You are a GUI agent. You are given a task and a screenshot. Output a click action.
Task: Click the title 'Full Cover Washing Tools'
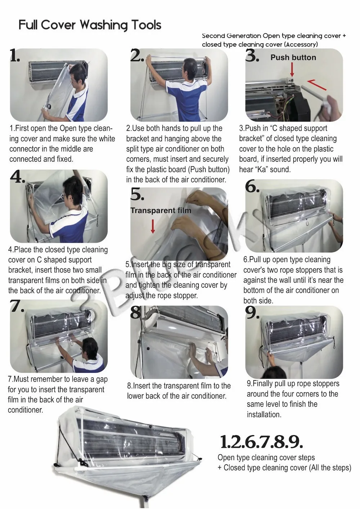(90, 25)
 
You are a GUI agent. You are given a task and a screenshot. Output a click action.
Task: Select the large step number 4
(17, 176)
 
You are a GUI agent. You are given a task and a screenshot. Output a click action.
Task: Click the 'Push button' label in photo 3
(293, 58)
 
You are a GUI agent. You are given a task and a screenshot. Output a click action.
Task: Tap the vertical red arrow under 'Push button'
(292, 69)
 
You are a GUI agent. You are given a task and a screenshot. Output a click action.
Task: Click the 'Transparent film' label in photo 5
(161, 211)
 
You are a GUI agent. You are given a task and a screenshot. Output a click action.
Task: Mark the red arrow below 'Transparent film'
(153, 226)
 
